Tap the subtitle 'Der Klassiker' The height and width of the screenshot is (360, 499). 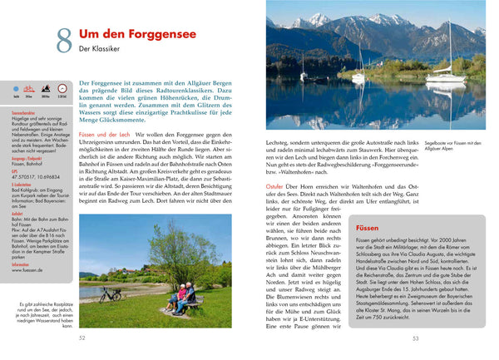[101, 50]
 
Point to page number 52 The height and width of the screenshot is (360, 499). [82, 338]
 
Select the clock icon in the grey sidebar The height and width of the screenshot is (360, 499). [45, 88]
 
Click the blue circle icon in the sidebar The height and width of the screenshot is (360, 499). [17, 88]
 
